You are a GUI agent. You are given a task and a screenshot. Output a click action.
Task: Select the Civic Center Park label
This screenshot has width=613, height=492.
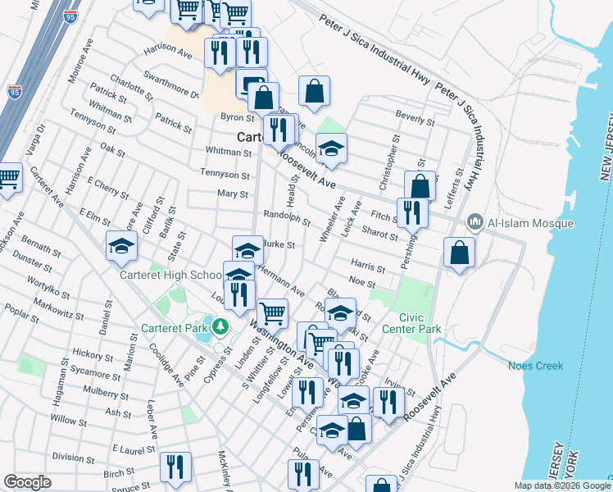pos(420,323)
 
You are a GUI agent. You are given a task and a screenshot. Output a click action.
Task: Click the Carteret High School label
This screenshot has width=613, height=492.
pos(170,276)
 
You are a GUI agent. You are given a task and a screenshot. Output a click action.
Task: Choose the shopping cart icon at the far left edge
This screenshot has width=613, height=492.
pos(8,177)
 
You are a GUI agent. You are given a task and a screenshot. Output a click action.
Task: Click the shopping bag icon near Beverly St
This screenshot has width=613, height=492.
pos(314,91)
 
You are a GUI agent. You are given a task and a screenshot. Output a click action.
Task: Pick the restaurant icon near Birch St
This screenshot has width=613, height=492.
pos(175,467)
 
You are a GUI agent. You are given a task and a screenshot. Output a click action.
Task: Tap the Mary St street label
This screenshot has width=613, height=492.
pos(232,194)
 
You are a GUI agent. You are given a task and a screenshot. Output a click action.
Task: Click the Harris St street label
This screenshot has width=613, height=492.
pos(367,266)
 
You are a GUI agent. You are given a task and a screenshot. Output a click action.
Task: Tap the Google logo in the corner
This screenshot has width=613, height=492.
pos(27,482)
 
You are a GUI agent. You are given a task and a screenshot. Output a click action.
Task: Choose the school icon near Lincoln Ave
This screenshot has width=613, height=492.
pos(331,148)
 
